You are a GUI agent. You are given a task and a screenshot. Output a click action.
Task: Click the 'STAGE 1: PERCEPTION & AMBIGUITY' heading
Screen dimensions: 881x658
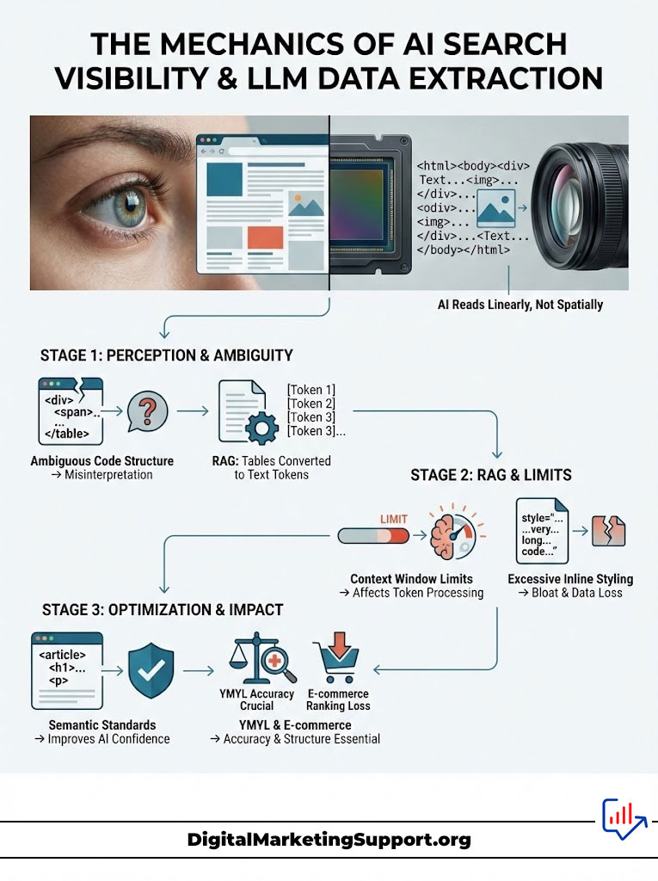point(167,354)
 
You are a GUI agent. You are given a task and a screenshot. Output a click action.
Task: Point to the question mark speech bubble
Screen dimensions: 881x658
point(147,410)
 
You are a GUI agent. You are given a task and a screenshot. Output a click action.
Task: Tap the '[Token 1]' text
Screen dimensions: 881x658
point(311,390)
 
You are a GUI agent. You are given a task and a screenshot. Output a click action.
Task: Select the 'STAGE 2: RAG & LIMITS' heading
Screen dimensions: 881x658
point(491,474)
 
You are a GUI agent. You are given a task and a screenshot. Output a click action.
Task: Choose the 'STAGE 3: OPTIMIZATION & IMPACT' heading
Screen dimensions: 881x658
point(163,610)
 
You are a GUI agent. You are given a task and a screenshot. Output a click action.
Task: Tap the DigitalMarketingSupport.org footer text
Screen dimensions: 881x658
point(329,840)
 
